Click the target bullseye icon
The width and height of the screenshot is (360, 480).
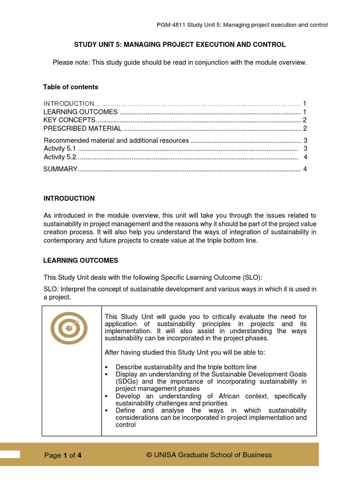tap(69, 328)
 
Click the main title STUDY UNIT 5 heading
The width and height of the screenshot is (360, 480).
tap(180, 45)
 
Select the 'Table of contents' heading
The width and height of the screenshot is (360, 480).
tap(71, 87)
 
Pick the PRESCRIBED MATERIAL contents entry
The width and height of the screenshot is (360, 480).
tap(79, 128)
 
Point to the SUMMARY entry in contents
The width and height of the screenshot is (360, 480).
tap(60, 169)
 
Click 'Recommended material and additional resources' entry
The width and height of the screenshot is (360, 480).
tap(116, 141)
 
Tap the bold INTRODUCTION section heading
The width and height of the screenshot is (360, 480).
tap(69, 198)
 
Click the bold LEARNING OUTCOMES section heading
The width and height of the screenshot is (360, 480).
tap(81, 260)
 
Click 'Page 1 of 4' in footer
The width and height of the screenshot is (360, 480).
tap(63, 455)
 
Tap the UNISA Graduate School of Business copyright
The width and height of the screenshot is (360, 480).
tap(209, 455)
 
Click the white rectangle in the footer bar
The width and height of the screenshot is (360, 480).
tap(10, 454)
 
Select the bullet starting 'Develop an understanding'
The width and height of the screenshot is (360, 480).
tap(211, 399)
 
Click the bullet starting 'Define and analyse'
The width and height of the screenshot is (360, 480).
tap(211, 417)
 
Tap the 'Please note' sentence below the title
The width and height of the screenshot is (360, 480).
tap(180, 62)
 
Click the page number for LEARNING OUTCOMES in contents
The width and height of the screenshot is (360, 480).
tap(304, 112)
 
